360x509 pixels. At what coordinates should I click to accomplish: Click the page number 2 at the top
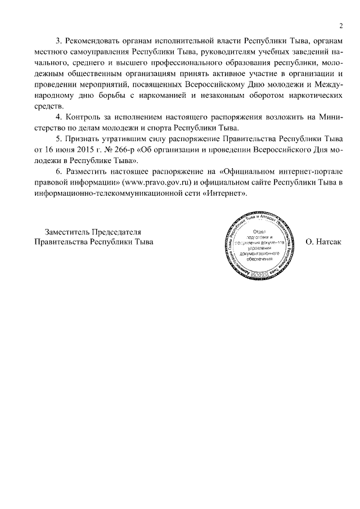tap(341, 26)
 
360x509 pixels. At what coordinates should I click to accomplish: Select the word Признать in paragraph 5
tap(83, 139)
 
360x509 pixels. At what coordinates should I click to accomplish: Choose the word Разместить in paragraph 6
tap(87, 172)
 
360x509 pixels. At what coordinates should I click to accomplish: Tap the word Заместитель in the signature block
tap(69, 232)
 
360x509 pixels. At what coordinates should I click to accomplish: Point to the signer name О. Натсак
tap(323, 242)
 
